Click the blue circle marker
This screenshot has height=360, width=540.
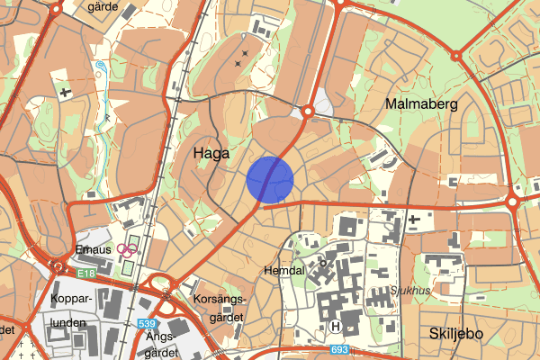[270, 179]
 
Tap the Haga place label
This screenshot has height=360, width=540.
[212, 155]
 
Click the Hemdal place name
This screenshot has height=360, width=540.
[285, 270]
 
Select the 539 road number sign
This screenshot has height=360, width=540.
[147, 323]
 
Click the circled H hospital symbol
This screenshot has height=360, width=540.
[337, 327]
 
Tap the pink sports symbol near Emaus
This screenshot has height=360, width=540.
[128, 250]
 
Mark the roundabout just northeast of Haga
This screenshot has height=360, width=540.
[307, 111]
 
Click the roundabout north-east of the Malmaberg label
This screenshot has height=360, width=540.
[456, 56]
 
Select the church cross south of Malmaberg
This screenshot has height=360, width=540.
[413, 219]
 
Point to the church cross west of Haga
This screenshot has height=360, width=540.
[65, 91]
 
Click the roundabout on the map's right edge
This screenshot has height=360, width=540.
[511, 202]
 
